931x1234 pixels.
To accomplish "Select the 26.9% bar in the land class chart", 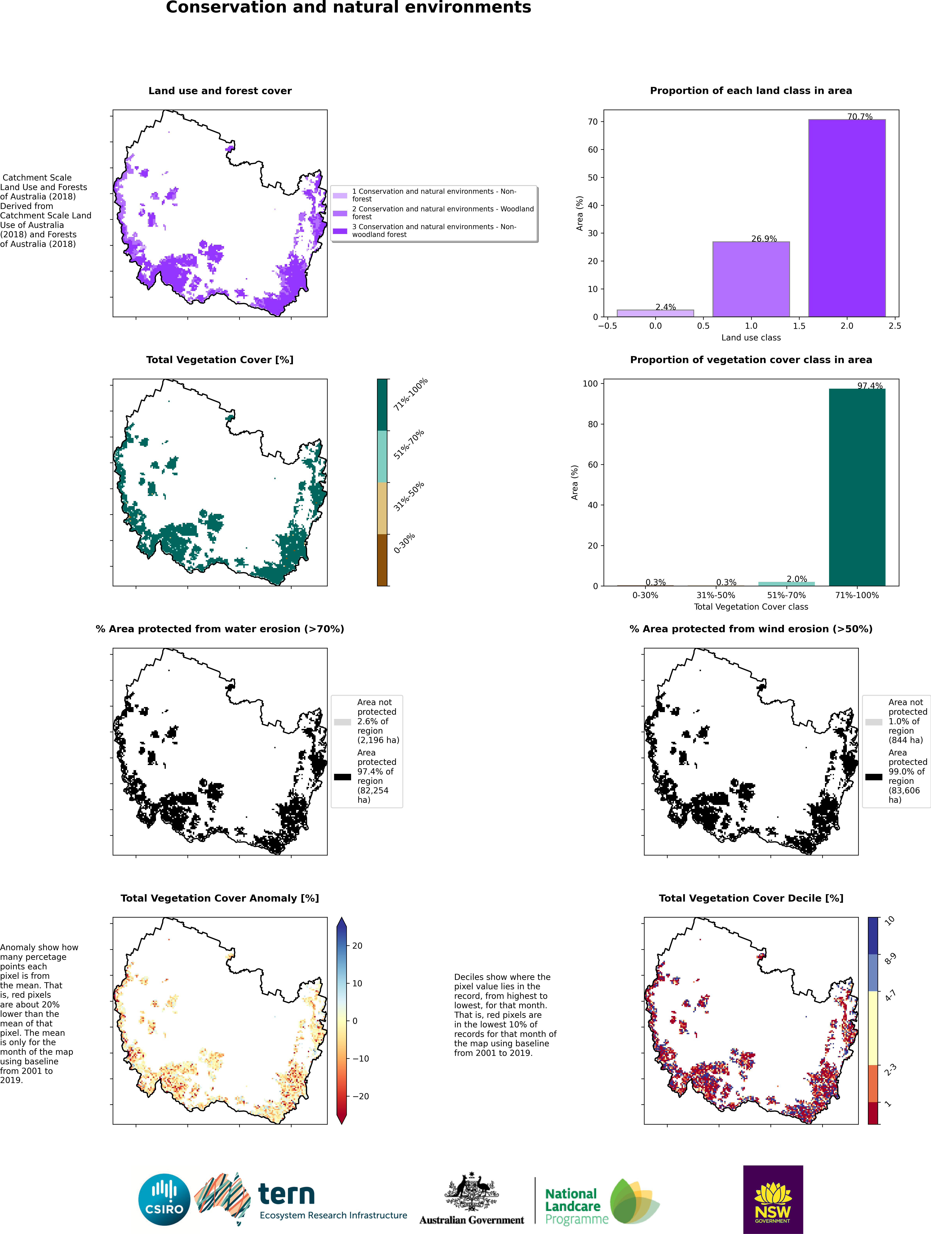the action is (751, 279).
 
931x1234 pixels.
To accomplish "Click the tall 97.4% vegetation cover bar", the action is (857, 487).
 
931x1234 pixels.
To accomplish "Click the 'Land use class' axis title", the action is (751, 338).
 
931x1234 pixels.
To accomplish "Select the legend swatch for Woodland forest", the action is (340, 213).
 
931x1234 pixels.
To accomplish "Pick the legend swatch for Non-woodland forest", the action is (340, 231).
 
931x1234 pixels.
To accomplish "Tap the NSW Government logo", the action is (773, 1199).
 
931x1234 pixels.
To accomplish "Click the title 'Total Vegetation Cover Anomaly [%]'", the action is (220, 898).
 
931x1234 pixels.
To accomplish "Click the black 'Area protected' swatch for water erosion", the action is (342, 777).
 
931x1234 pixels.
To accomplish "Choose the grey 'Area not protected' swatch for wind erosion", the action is (874, 722).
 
